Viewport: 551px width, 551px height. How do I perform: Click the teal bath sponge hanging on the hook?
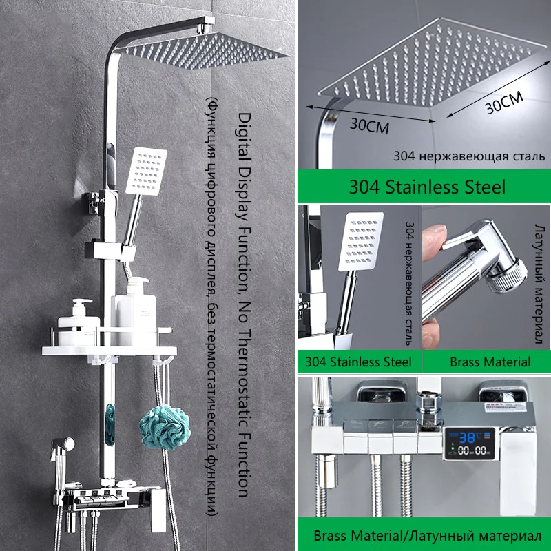click(165, 427)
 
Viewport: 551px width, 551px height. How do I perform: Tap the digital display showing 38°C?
click(469, 444)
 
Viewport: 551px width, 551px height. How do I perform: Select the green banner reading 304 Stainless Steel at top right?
click(424, 186)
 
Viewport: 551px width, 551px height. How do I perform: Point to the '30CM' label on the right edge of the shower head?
click(504, 101)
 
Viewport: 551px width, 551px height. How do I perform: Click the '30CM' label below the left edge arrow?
click(369, 126)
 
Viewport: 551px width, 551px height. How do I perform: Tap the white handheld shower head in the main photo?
click(146, 170)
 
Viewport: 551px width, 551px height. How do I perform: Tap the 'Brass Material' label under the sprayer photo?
click(490, 362)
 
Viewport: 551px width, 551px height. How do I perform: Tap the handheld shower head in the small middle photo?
click(361, 242)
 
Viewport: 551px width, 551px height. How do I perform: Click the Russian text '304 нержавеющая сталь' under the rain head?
click(469, 156)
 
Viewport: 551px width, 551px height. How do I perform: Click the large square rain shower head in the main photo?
click(207, 50)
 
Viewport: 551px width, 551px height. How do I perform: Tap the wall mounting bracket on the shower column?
click(93, 202)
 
